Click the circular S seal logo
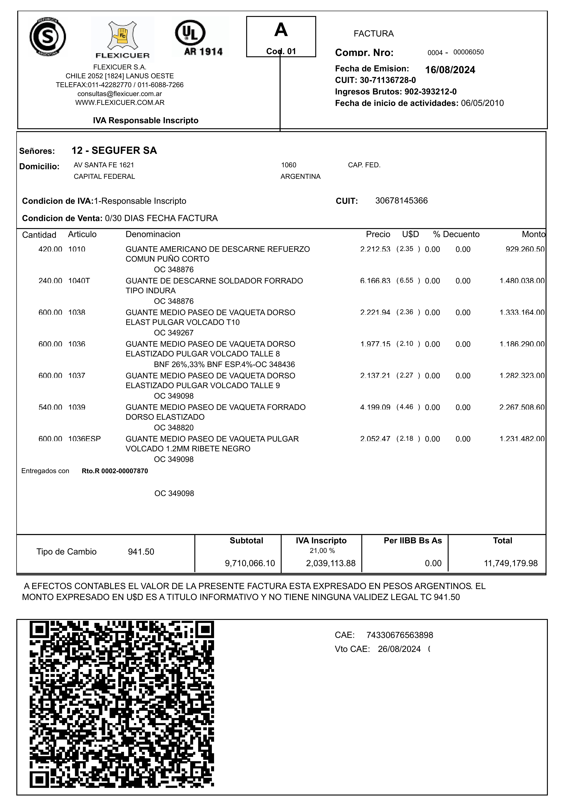click(47, 37)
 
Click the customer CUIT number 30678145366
click(402, 201)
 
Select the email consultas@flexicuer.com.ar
click(120, 94)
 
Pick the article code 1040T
click(79, 281)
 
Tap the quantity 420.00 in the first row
click(50, 249)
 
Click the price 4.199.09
click(375, 407)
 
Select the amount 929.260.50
click(525, 249)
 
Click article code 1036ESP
click(84, 439)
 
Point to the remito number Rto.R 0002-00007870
click(115, 471)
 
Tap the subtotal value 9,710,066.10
click(250, 563)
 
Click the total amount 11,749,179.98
click(511, 563)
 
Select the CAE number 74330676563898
click(400, 635)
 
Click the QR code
click(122, 704)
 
